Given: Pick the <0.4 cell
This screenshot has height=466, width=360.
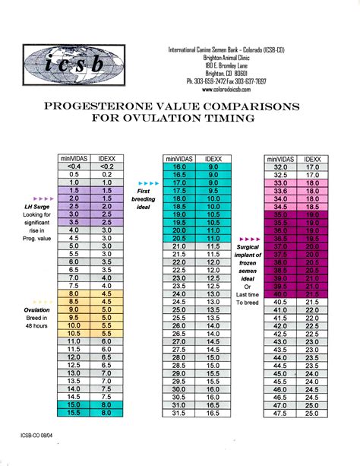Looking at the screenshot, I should [x=74, y=165].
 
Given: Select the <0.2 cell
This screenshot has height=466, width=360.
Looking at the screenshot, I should [x=107, y=165].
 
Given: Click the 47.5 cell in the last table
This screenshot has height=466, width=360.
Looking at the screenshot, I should [x=281, y=414].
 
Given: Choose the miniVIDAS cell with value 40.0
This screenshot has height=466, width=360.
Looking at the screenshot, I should [x=281, y=293].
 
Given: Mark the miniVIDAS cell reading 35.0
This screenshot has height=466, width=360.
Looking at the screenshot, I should [x=281, y=216].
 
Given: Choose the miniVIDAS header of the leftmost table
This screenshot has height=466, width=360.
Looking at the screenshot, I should [x=74, y=157].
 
